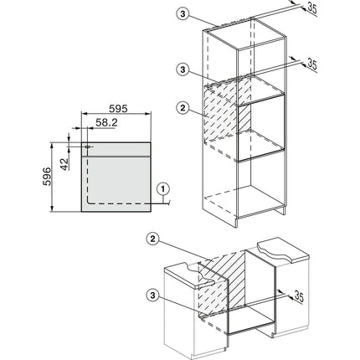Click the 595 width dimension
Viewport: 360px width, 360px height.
(118, 109)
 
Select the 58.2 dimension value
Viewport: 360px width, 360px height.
(106, 122)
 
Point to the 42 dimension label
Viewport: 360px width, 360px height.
(64, 164)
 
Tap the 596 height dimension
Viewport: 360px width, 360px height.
(47, 177)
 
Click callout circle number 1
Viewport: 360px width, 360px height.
(163, 189)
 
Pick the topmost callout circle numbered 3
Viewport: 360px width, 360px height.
(183, 14)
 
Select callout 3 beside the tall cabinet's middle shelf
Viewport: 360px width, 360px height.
(183, 69)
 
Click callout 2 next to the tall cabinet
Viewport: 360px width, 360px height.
(183, 108)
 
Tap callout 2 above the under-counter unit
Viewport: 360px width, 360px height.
(152, 239)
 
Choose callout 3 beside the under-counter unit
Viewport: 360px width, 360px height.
(152, 296)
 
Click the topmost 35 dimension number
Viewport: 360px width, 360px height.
(312, 8)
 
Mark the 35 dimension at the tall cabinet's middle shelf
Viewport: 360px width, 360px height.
(312, 64)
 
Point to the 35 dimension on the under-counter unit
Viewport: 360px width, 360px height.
(299, 296)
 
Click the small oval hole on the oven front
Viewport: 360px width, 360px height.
(88, 147)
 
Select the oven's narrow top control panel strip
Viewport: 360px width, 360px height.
(116, 149)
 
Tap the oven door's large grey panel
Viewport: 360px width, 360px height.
(116, 183)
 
